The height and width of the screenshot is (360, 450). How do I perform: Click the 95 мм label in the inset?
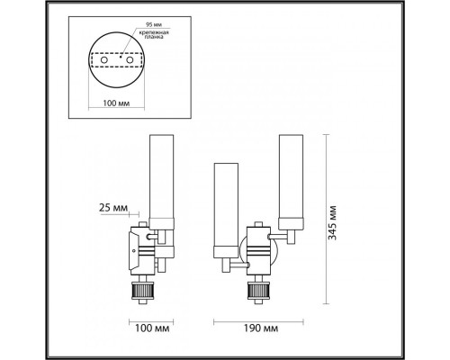153,24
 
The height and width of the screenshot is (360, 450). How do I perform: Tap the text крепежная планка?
154,34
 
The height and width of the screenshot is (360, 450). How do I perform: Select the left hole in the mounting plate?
104,60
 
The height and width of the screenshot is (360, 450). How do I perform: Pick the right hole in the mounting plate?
130,60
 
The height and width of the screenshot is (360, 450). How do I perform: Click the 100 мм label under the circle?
116,103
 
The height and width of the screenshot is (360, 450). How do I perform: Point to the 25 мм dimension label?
113,208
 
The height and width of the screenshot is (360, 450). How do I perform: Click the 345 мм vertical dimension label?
332,222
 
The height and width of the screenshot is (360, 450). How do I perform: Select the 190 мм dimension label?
260,328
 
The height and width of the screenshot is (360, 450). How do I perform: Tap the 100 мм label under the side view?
152,328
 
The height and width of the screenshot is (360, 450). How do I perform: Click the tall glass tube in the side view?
161,177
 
